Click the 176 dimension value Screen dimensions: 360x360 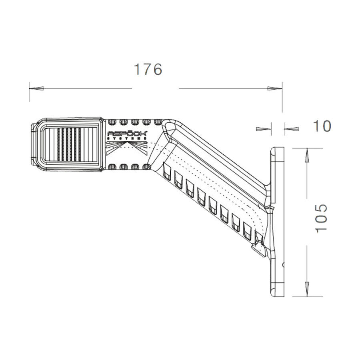click(148, 69)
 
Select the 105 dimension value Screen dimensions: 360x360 click(320, 218)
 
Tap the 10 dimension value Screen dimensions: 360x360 click(322, 126)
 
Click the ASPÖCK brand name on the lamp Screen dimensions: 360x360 click(123, 134)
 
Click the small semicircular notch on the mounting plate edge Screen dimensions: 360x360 click(283, 264)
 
